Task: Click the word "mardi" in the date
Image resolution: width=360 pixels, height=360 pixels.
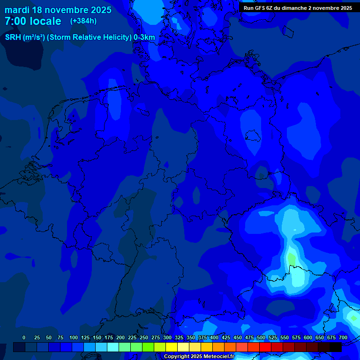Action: [17, 10]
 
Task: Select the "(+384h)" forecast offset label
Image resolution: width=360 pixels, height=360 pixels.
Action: [83, 21]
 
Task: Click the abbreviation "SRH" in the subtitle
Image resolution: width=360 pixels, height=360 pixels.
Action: [13, 37]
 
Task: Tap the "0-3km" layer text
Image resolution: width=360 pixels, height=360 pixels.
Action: [144, 37]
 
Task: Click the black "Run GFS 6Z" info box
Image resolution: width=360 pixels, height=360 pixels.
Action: [298, 8]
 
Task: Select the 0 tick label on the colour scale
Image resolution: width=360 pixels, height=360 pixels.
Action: [24, 337]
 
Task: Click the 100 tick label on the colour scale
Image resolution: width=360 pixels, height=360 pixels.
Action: [73, 337]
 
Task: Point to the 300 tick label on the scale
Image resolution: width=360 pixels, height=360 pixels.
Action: [167, 337]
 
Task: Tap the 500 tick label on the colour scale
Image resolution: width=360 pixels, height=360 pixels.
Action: [261, 337]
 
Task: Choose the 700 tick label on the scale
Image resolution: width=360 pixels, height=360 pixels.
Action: [343, 337]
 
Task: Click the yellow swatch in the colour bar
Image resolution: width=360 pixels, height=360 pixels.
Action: [172, 347]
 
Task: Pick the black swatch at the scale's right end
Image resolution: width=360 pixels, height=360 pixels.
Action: [336, 347]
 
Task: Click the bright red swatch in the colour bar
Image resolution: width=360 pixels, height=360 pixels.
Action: [265, 347]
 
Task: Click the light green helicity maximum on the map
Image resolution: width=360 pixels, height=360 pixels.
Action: [292, 258]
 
